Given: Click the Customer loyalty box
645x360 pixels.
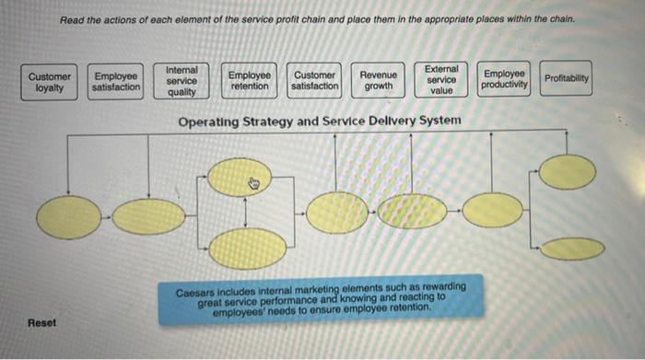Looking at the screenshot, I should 50,82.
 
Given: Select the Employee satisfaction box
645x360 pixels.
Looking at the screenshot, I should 116,82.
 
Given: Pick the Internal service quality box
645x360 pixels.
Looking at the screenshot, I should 182,81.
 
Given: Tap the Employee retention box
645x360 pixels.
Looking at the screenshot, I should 250,81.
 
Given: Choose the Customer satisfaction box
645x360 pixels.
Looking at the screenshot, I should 315,81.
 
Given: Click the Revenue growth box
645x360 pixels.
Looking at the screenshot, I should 379,81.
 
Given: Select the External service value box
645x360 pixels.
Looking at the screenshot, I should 442,80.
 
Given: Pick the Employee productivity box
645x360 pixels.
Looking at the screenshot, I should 505,79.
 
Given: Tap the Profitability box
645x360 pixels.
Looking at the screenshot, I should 567,79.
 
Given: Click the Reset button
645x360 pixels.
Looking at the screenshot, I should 41,323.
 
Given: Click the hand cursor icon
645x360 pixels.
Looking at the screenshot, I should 255,182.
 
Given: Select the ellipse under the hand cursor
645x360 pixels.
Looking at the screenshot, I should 240,177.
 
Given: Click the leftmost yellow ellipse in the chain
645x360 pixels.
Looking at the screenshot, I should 69,217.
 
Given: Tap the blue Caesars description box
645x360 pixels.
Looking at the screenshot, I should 321,300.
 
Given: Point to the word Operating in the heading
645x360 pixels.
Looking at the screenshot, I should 211,122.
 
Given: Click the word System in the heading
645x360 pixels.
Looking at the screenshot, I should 440,121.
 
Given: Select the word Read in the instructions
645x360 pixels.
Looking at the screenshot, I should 75,18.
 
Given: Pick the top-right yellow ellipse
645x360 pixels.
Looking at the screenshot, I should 567,172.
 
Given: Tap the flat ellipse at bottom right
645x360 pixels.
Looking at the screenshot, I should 572,248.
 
